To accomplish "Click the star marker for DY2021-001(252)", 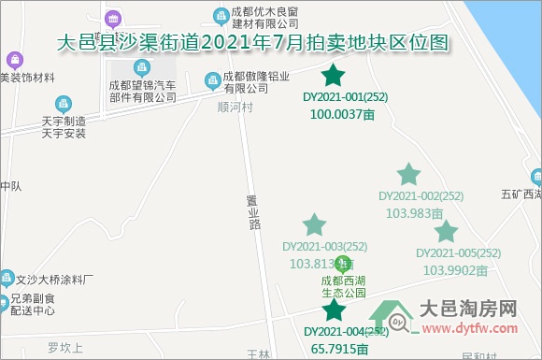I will [x=334, y=76].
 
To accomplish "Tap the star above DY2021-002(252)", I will [x=408, y=175].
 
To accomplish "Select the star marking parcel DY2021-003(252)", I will [x=315, y=224].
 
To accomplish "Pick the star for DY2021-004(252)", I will [x=334, y=310].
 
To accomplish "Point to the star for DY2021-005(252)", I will [x=446, y=232].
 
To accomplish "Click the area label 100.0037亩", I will [x=341, y=114].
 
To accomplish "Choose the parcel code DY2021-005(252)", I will [x=458, y=253].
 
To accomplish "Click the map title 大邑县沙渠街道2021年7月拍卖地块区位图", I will [x=253, y=43].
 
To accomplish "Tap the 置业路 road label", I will [x=252, y=220].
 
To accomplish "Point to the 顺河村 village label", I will [x=235, y=106].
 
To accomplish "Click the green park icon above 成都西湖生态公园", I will [x=343, y=264].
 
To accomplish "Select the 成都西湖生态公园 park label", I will [x=343, y=285].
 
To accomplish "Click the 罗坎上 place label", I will [x=66, y=347].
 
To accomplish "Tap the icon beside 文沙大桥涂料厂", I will [x=8, y=278].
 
